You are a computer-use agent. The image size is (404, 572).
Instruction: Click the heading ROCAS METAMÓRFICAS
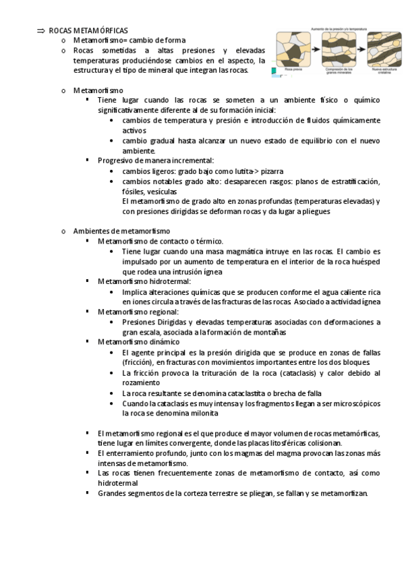point(88,31)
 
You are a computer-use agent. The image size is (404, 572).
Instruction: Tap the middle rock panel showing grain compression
point(339,50)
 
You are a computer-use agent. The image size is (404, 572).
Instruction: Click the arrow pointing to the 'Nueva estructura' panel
point(362,51)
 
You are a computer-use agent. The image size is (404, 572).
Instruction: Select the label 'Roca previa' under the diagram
point(293,69)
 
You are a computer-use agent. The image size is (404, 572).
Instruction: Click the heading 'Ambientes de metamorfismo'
point(121,231)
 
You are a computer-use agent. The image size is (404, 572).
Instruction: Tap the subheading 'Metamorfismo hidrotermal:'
point(144,281)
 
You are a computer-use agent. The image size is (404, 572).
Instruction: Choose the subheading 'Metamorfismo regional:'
point(138,312)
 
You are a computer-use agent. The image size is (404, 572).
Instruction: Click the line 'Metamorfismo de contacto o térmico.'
point(161,241)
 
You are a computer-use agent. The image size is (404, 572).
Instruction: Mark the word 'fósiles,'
point(134,192)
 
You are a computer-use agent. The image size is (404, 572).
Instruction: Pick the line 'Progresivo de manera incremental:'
point(156,161)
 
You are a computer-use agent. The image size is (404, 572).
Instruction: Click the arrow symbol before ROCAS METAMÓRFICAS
point(40,31)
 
